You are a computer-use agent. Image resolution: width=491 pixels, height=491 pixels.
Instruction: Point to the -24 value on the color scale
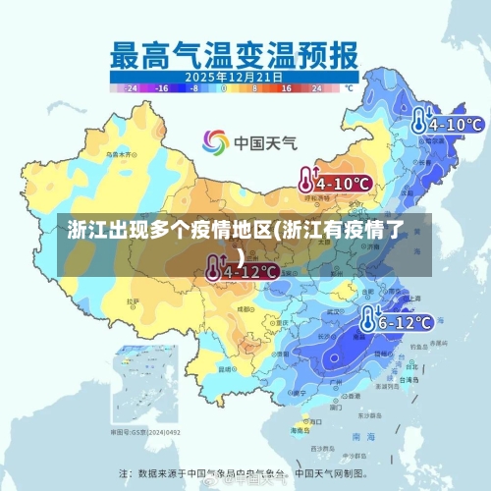(134, 87)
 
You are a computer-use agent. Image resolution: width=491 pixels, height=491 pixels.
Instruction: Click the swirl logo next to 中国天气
(215, 142)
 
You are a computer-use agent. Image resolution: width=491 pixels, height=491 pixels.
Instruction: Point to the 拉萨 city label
(133, 301)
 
